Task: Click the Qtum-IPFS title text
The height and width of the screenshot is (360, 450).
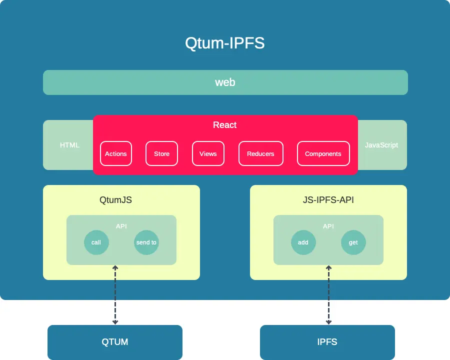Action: coord(224,43)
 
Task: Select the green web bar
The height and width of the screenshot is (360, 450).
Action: coord(225,82)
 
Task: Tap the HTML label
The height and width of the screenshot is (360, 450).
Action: coord(69,145)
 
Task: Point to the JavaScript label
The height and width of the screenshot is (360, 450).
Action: coord(381,145)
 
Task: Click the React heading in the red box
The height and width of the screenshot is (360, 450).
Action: coord(225,125)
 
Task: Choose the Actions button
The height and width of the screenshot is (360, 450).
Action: coord(116,153)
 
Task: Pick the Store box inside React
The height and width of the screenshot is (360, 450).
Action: coord(161,153)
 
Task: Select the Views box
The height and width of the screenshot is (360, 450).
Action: coord(208,153)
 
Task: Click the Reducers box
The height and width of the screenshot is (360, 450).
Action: coord(260,153)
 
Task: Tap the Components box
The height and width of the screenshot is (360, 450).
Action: coord(323,153)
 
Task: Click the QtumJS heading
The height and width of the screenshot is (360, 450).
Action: coord(116,200)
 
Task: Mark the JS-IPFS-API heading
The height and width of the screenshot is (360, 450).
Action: coord(328,200)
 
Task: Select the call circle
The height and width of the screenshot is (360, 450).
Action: coord(96,242)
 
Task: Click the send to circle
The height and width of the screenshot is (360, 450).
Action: coord(146,242)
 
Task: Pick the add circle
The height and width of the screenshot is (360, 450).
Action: coord(303,242)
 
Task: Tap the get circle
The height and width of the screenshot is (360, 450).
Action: coord(353,242)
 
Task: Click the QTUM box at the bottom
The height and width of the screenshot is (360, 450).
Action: coord(115,342)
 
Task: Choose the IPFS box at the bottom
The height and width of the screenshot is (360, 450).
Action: coord(327,342)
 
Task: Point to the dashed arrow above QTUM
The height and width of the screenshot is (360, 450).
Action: coord(115,295)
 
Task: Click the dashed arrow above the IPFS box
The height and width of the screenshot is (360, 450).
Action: coord(328,295)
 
